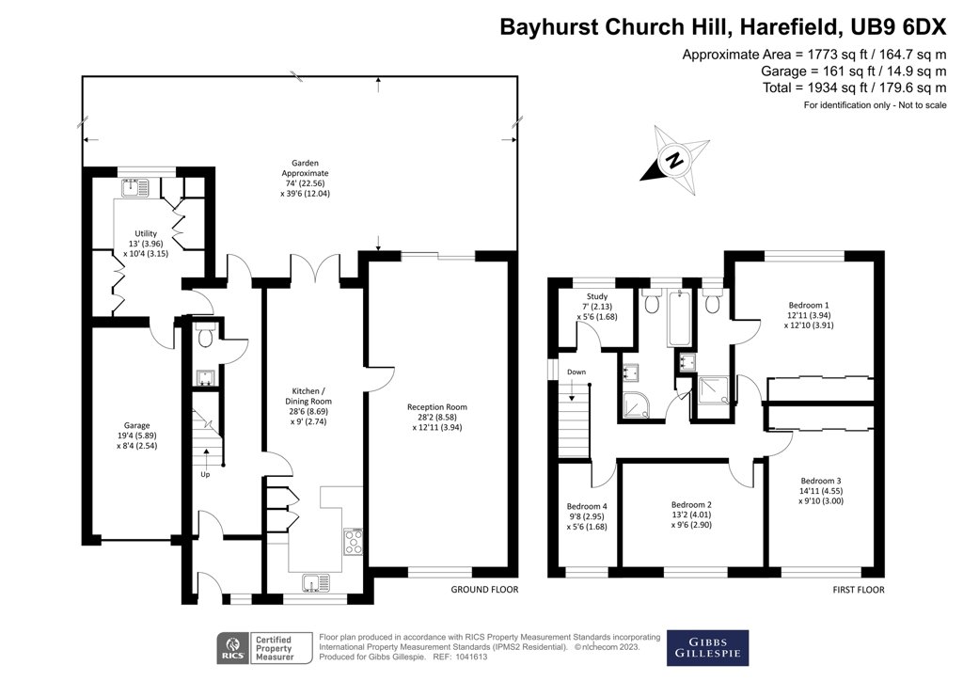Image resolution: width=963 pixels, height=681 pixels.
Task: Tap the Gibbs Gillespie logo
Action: point(707,647)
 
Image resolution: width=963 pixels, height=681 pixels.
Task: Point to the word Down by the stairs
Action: point(576,372)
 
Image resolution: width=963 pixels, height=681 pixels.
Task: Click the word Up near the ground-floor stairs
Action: point(205,474)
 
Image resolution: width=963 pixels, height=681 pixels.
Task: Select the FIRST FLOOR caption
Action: point(857,590)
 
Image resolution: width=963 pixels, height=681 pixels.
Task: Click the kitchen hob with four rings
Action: point(354,541)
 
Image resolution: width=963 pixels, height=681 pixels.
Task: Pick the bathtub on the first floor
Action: point(679,320)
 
